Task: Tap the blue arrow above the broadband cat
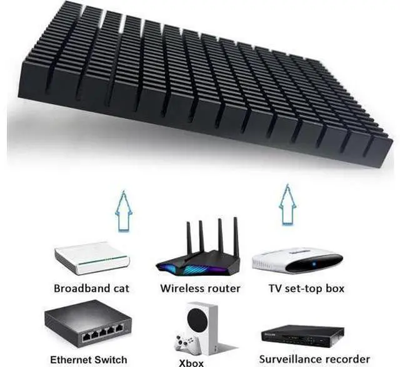click(124, 211)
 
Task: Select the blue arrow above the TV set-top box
click(288, 205)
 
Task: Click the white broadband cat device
click(92, 258)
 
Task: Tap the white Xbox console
click(202, 329)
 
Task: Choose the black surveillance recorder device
click(302, 336)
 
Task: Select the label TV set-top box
click(306, 288)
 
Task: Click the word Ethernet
click(67, 360)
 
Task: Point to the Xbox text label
click(191, 363)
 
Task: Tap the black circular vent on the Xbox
click(196, 318)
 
